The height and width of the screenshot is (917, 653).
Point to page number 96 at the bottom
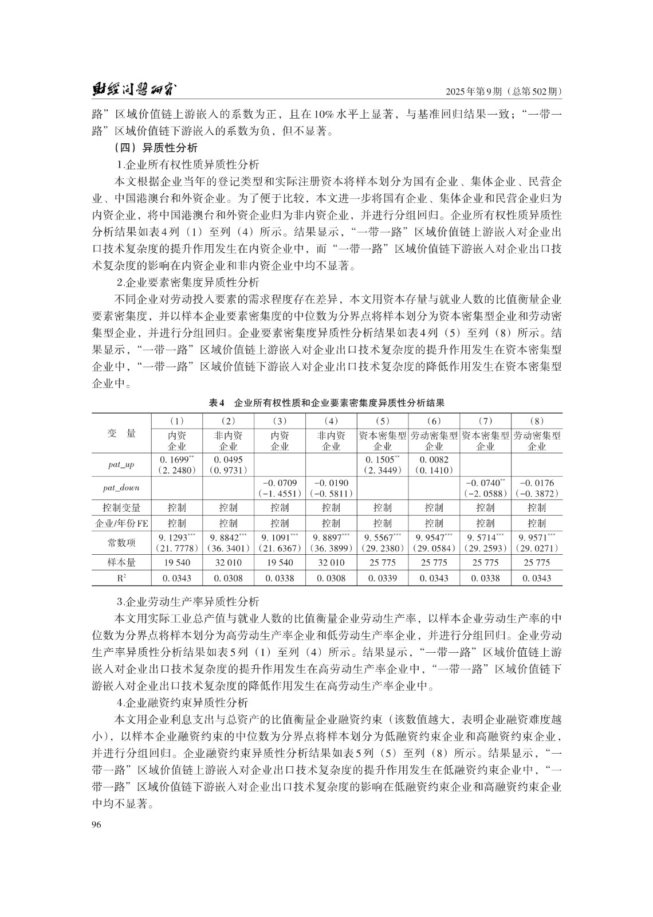coord(96,824)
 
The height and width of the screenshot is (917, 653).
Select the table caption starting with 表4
coord(326,403)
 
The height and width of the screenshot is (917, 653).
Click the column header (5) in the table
coord(382,421)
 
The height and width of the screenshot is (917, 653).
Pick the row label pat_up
coord(121,465)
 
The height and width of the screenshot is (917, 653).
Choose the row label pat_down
coord(121,488)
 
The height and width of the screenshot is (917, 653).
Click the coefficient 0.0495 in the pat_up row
coord(228,460)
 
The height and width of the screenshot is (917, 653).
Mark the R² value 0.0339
coord(382,578)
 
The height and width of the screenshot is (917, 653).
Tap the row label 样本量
coord(121,563)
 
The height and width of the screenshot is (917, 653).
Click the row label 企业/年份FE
coord(121,523)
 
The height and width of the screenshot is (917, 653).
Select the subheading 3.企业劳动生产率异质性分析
coord(188,602)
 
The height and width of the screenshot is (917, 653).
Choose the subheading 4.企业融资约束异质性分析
coord(182,703)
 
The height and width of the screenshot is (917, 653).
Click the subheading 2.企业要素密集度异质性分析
coord(188,283)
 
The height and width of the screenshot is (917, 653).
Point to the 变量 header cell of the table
coord(121,433)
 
